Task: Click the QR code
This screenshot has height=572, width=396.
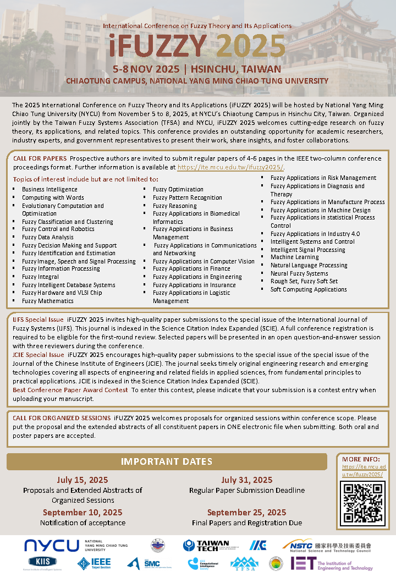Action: tap(362, 502)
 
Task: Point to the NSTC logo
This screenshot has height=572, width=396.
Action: tap(327, 545)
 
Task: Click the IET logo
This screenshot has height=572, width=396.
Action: tap(332, 563)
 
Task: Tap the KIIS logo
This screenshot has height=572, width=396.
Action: tap(42, 563)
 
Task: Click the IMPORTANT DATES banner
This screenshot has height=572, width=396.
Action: tap(167, 461)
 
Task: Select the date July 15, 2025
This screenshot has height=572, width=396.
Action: tap(82, 480)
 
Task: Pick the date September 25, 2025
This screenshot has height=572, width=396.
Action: tap(246, 513)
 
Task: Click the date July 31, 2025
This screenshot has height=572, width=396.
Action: tap(246, 480)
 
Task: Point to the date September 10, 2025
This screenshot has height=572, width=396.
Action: tap(82, 513)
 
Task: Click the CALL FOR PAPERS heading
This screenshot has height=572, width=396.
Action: tap(40, 158)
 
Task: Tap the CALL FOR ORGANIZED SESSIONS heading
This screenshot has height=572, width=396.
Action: tap(62, 418)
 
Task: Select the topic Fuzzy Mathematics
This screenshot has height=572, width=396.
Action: tap(47, 301)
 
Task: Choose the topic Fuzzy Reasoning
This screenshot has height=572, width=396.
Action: tap(174, 206)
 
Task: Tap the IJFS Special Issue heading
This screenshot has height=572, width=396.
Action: tap(38, 319)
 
